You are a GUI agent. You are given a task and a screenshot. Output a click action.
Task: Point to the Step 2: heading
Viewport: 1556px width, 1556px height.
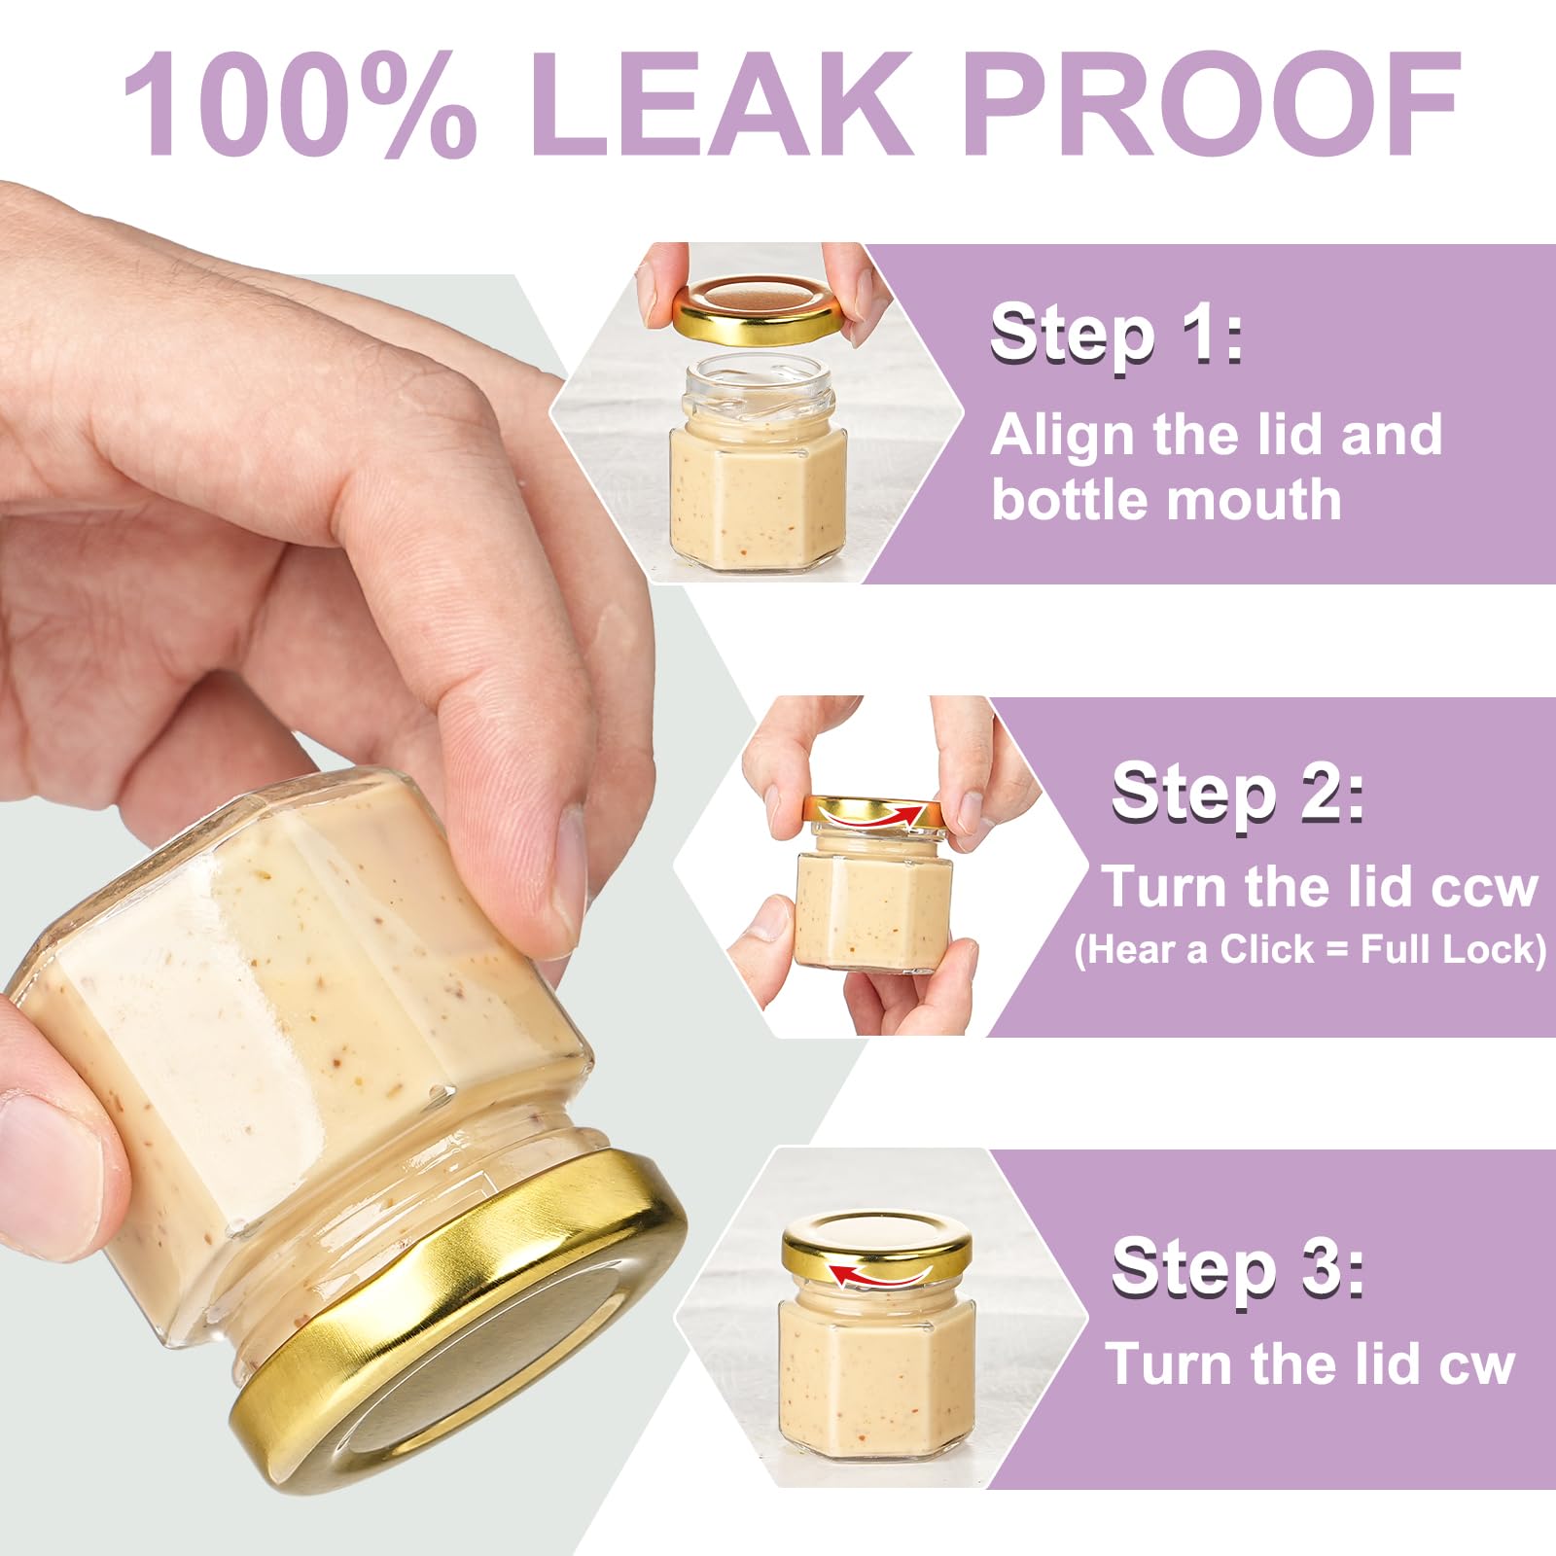pos(1238,794)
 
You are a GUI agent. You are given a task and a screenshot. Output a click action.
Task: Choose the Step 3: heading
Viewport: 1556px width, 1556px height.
pos(1238,1267)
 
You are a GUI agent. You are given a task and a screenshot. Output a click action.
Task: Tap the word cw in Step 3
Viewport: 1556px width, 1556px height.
pos(1477,1364)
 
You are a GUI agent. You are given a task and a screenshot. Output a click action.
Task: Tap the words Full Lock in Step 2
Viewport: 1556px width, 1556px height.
pos(1446,948)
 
